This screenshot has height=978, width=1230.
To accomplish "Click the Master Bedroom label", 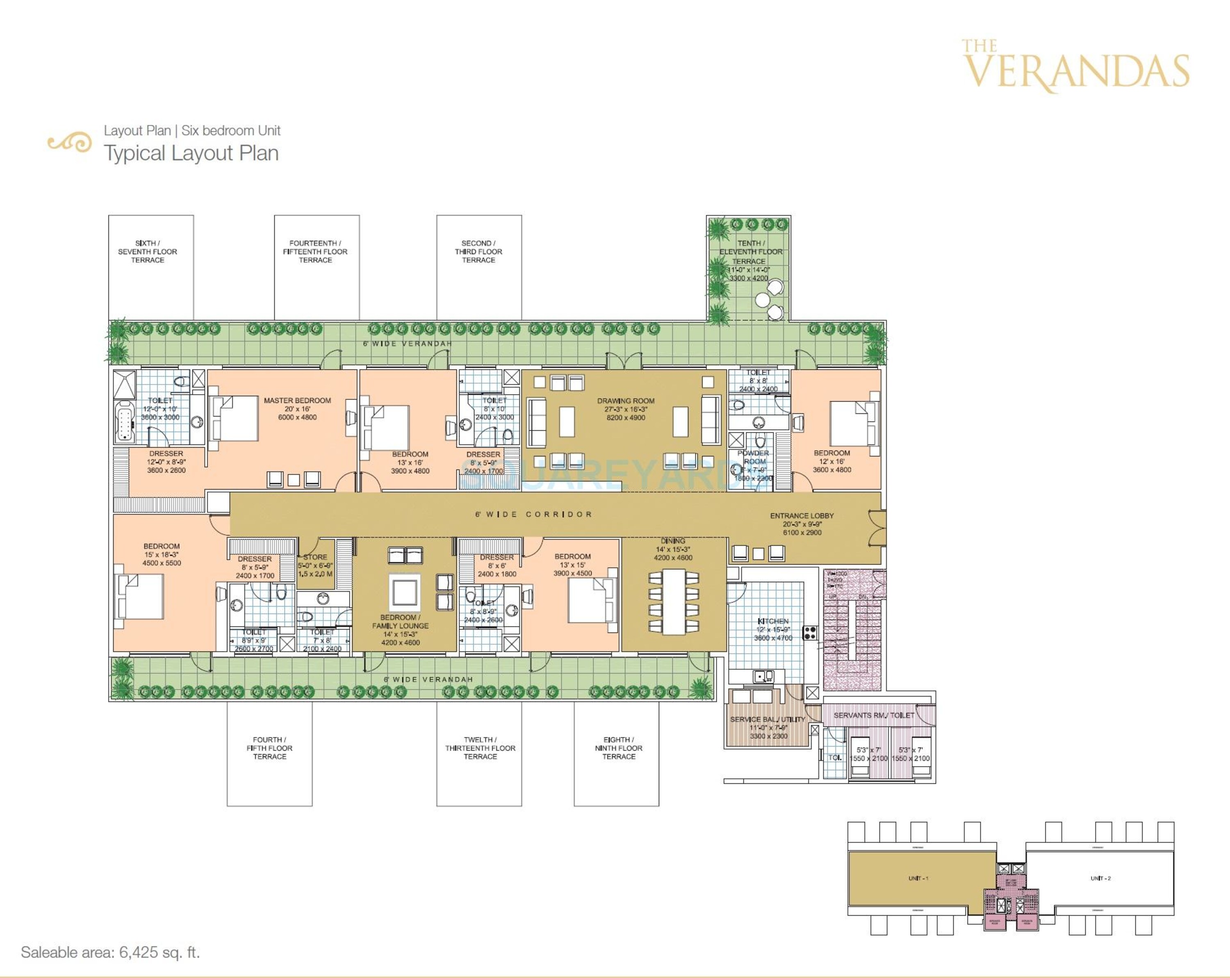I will tap(297, 400).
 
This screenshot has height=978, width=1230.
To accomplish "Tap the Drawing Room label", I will tap(625, 401).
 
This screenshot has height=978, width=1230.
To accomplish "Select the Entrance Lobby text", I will tap(802, 515).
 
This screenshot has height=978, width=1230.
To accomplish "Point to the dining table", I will tap(673, 601).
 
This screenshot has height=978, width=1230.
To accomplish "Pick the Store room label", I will tap(315, 557).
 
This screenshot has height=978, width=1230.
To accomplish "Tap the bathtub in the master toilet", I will tap(124, 422).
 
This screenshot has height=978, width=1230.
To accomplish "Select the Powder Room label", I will tap(754, 457).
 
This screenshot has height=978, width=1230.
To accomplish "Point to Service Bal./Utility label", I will tap(768, 719).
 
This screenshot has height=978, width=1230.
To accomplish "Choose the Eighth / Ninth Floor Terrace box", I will tap(616, 753).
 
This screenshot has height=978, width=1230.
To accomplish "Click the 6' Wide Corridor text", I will tap(533, 514).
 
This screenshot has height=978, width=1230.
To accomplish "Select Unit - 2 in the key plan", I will tap(1100, 878).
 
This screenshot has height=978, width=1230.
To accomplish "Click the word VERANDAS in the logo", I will tap(1075, 72).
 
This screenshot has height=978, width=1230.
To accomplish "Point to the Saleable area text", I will tap(110, 952).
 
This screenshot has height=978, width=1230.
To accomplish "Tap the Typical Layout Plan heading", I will tap(191, 153).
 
